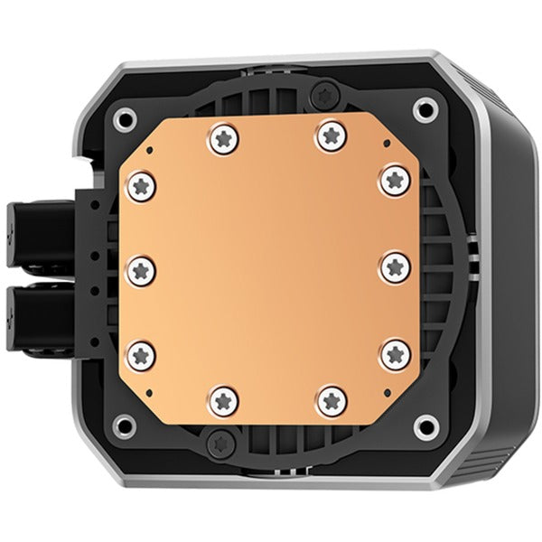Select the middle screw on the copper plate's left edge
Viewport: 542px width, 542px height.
point(140,267)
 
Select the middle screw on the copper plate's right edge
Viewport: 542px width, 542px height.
point(393,267)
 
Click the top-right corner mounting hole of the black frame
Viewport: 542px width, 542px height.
point(423,110)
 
